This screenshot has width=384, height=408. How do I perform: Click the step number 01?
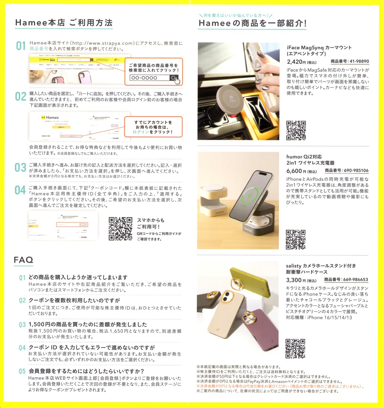pyautogui.click(x=21, y=46)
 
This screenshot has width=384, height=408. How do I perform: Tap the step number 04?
pyautogui.click(x=20, y=190)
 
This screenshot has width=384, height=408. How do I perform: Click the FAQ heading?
pyautogui.click(x=23, y=260)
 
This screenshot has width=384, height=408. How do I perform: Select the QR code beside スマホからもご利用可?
pyautogui.click(x=120, y=229)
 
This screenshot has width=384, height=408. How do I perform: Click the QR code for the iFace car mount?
pyautogui.click(x=296, y=130)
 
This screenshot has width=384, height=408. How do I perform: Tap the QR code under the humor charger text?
pyautogui.click(x=296, y=239)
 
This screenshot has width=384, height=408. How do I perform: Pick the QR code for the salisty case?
pyautogui.click(x=295, y=348)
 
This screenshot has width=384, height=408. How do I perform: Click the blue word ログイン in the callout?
pyautogui.click(x=141, y=132)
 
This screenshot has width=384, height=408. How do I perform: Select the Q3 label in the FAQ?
pyautogui.click(x=22, y=325)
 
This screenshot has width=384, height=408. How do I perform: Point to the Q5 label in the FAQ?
pyautogui.click(x=22, y=371)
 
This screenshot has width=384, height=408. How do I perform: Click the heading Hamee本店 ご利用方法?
pyautogui.click(x=64, y=23)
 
